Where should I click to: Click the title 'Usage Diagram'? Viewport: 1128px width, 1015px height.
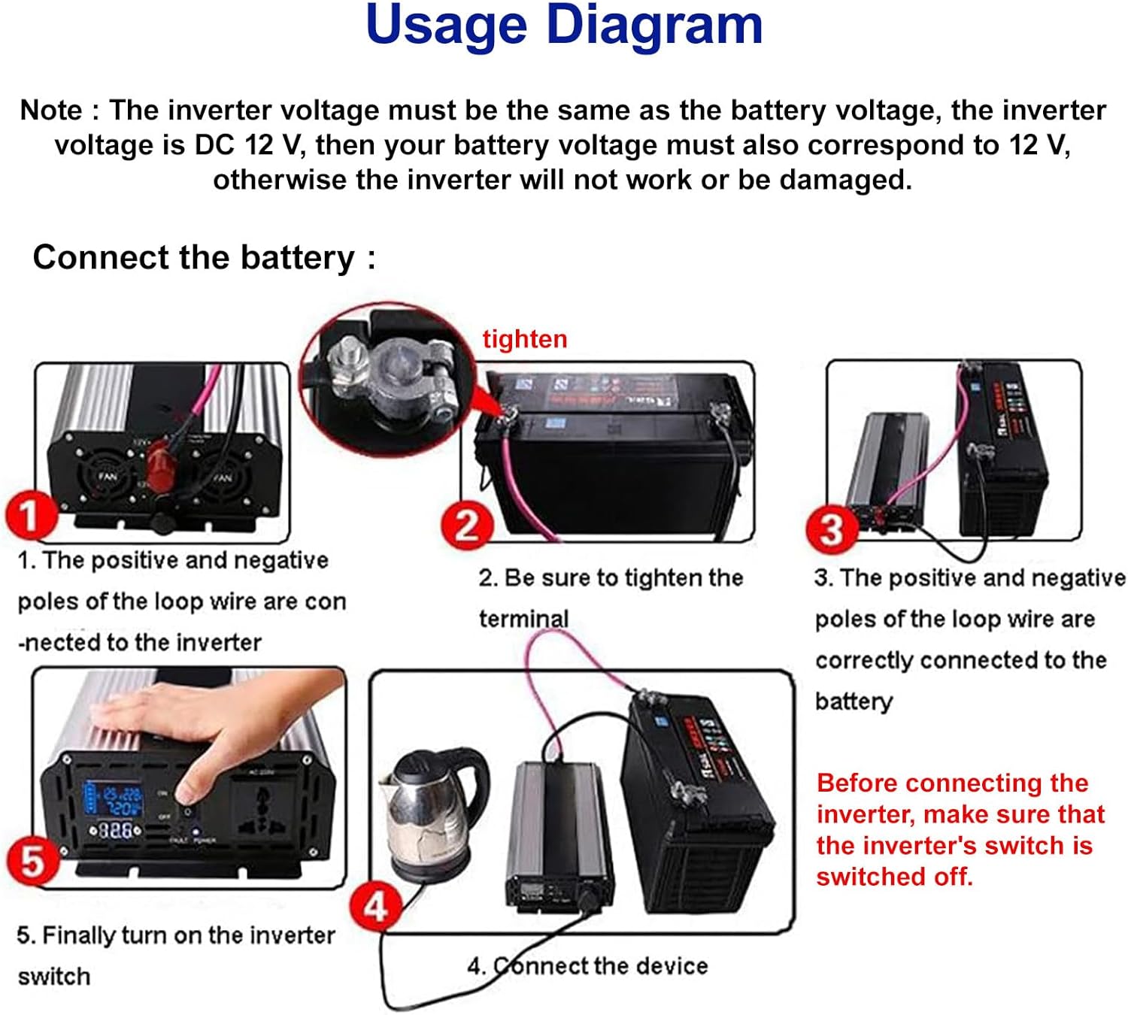pyautogui.click(x=564, y=26)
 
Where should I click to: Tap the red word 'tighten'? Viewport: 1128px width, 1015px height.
pyautogui.click(x=524, y=339)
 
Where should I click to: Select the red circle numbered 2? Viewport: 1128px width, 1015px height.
pyautogui.click(x=466, y=526)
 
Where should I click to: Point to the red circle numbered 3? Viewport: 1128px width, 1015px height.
pyautogui.click(x=831, y=529)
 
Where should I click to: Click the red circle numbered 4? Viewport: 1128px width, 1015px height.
pyautogui.click(x=375, y=907)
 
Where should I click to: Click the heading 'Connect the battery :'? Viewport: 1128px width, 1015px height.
pyautogui.click(x=204, y=258)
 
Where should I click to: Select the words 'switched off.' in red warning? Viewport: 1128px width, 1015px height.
pyautogui.click(x=894, y=877)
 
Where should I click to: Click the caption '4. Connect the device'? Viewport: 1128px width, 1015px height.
pyautogui.click(x=587, y=965)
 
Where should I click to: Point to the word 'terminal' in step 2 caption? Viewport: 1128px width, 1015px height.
pyautogui.click(x=523, y=619)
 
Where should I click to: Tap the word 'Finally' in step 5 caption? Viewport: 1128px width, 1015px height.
pyautogui.click(x=78, y=935)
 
